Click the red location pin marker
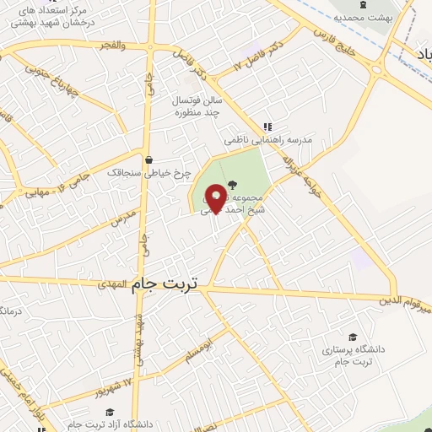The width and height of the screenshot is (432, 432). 215,197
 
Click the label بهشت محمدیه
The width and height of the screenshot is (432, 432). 363,16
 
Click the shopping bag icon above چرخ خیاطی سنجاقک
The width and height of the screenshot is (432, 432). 149,159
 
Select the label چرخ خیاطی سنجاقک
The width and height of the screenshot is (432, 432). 142,171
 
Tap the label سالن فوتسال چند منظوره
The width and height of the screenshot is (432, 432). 198,105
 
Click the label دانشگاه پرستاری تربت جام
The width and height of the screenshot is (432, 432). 353,355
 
